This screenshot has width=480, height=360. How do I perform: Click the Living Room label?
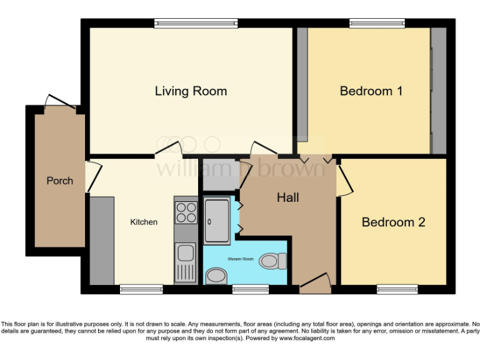191,91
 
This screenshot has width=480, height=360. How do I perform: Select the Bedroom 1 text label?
371,91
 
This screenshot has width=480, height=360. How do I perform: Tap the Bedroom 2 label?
393,222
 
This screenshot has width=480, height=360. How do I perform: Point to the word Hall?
288,198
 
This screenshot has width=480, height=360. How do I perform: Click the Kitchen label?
144,222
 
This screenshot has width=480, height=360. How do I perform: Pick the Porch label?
60,181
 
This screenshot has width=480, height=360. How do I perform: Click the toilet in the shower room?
273,260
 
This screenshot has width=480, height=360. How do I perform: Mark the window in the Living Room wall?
196,24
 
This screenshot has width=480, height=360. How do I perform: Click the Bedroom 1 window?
377,24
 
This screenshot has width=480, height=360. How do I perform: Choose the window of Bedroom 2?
397,289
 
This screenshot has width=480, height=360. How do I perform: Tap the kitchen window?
141,289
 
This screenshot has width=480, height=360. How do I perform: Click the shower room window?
251,289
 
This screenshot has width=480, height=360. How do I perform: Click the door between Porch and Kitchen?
91,176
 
